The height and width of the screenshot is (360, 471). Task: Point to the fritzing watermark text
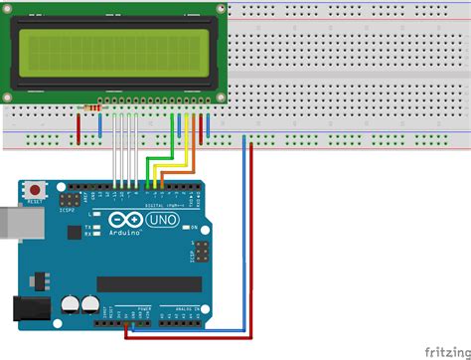[446, 351]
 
